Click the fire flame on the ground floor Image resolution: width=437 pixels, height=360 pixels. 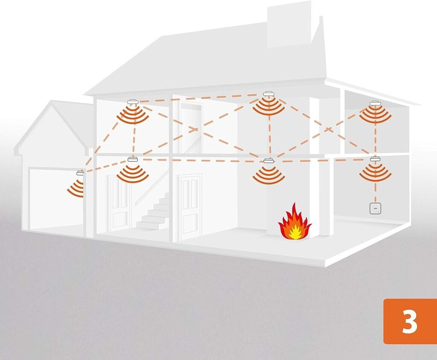294,222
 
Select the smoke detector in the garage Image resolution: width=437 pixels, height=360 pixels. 80,173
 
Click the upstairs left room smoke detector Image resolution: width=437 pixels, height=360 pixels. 133,102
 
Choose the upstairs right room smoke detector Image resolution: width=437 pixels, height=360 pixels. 376,103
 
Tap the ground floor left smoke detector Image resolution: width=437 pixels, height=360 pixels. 133,160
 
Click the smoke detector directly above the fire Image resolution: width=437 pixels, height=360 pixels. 268,161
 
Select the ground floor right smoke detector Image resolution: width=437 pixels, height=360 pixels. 375,159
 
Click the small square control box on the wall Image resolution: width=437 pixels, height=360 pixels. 375,209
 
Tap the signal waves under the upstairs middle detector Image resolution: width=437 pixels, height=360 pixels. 268,107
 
